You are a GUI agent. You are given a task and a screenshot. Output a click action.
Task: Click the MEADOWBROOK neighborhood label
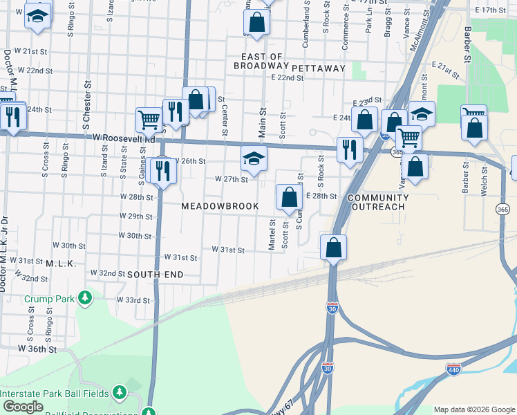220,206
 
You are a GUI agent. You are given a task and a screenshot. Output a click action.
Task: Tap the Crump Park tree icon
85,298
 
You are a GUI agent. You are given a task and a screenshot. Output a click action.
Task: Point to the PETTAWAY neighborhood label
318,68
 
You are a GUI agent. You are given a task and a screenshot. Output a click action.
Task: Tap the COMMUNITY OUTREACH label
378,202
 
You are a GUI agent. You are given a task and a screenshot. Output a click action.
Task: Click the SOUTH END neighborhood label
156,275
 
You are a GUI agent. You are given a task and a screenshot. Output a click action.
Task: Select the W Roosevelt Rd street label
124,139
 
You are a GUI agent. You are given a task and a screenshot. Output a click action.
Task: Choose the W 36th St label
37,350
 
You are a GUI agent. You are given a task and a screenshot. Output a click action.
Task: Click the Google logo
23,407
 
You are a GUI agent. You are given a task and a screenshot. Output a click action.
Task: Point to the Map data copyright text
474,409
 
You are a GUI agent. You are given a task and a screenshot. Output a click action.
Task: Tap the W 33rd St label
133,300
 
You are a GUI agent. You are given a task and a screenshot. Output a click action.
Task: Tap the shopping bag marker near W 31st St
333,248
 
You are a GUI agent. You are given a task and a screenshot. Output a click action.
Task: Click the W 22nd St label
35,71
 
